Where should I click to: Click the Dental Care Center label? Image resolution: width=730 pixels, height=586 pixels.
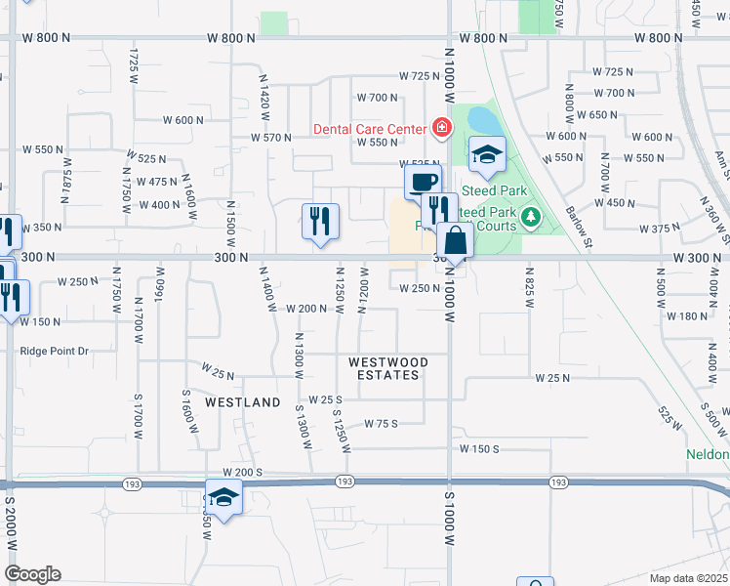[369, 129]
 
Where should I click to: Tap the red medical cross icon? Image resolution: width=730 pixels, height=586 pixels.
[441, 128]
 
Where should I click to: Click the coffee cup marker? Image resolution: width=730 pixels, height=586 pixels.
[423, 183]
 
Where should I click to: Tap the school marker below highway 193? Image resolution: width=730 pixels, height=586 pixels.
[223, 498]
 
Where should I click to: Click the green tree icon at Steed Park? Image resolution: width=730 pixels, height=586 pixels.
[531, 216]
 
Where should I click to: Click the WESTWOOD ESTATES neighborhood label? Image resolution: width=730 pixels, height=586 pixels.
[388, 368]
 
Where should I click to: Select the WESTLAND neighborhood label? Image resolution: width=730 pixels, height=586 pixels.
[242, 402]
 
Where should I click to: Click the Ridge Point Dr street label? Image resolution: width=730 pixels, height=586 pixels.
[54, 351]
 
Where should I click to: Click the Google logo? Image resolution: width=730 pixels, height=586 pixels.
[32, 574]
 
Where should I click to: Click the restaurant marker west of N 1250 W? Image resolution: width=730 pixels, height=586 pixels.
[320, 222]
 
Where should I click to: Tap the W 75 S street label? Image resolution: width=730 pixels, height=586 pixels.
[382, 423]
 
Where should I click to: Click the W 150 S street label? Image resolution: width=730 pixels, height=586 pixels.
[479, 448]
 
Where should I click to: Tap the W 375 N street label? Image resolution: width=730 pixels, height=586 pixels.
[659, 229]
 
